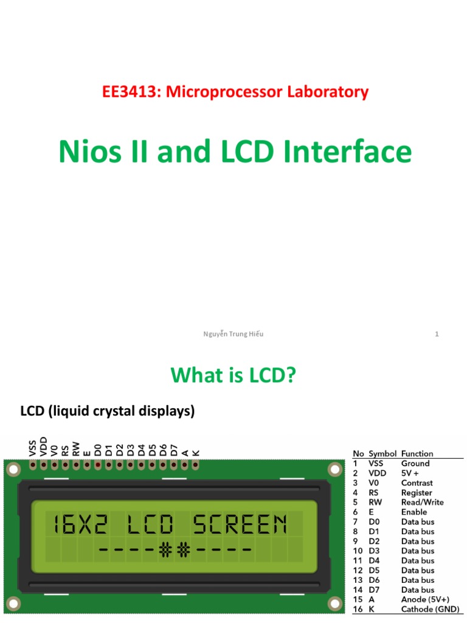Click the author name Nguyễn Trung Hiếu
pyautogui.click(x=233, y=334)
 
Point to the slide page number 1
pyautogui.click(x=437, y=334)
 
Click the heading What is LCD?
pyautogui.click(x=233, y=375)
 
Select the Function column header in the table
pyautogui.click(x=417, y=453)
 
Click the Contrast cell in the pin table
pyautogui.click(x=417, y=482)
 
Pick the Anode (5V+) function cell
pyautogui.click(x=425, y=599)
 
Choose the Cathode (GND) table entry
pyautogui.click(x=430, y=609)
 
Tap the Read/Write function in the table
pyautogui.click(x=422, y=502)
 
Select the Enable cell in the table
pyautogui.click(x=414, y=512)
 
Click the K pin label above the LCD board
pyautogui.click(x=196, y=452)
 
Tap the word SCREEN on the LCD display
pyautogui.click(x=240, y=524)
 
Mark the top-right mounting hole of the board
pyautogui.click(x=334, y=469)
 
